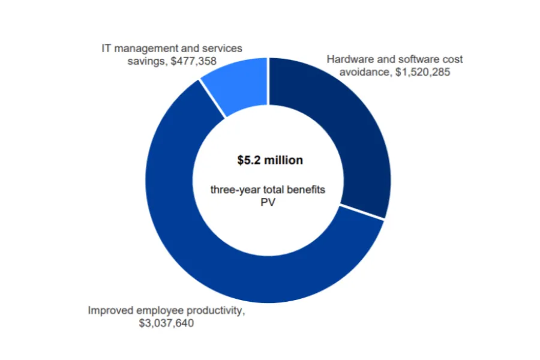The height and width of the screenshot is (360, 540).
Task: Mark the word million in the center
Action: [285, 161]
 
